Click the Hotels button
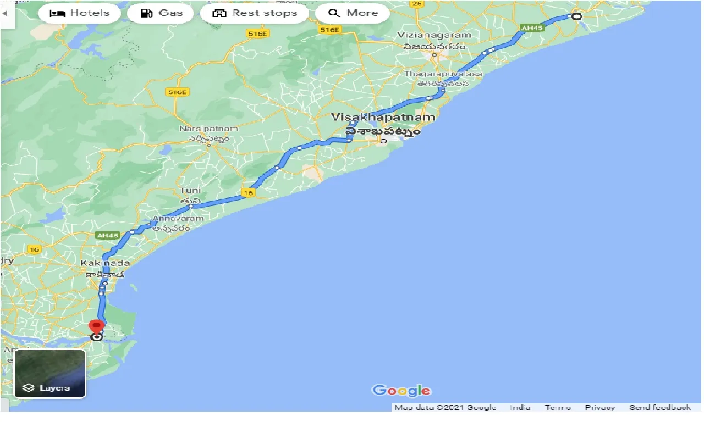[79, 13]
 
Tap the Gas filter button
[161, 13]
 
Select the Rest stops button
[255, 13]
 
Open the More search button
[353, 13]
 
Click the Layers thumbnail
[50, 374]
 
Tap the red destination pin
[97, 327]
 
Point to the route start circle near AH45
[576, 16]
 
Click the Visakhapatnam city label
[383, 118]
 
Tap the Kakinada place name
[105, 264]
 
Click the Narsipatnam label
[209, 129]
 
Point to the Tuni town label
[187, 191]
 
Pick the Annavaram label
[178, 218]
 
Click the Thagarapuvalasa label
[443, 74]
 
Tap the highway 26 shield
[417, 4]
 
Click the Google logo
[402, 391]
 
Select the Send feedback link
[660, 408]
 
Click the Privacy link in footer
[600, 408]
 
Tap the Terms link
[558, 408]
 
